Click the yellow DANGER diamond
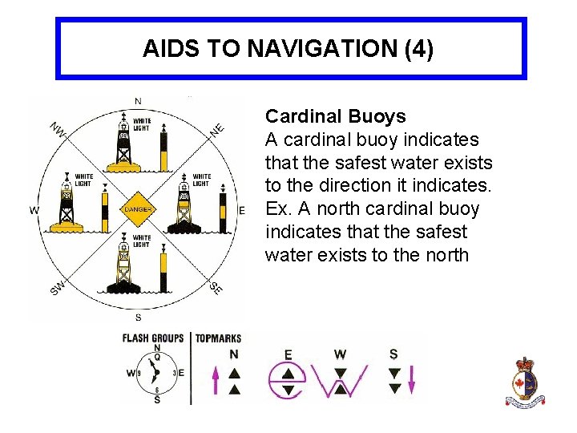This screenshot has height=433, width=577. (137, 209)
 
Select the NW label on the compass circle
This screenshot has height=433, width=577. (58, 130)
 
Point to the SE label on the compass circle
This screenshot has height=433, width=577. (216, 287)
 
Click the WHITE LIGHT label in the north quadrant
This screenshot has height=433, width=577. (141, 124)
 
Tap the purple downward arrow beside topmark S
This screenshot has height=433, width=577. (411, 378)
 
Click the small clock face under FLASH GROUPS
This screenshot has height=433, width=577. (155, 373)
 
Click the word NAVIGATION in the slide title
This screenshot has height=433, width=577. (323, 49)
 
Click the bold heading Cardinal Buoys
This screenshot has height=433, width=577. (335, 116)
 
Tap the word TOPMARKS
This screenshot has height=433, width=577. (217, 338)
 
